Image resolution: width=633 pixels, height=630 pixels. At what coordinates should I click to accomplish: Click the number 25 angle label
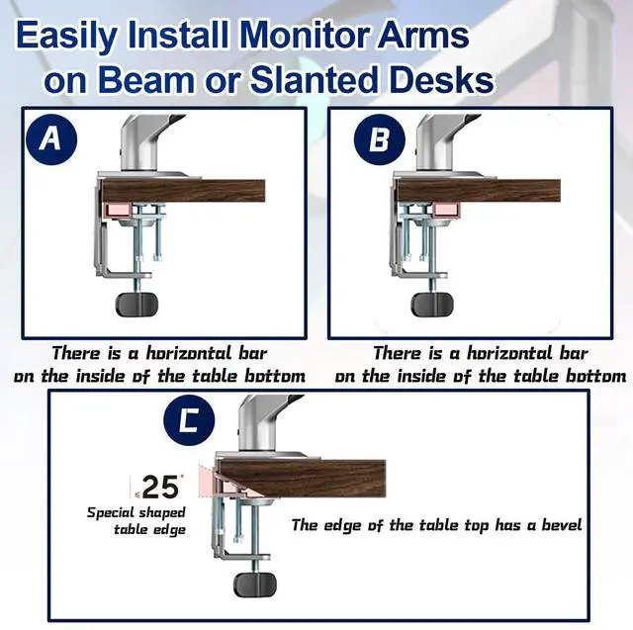159,487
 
